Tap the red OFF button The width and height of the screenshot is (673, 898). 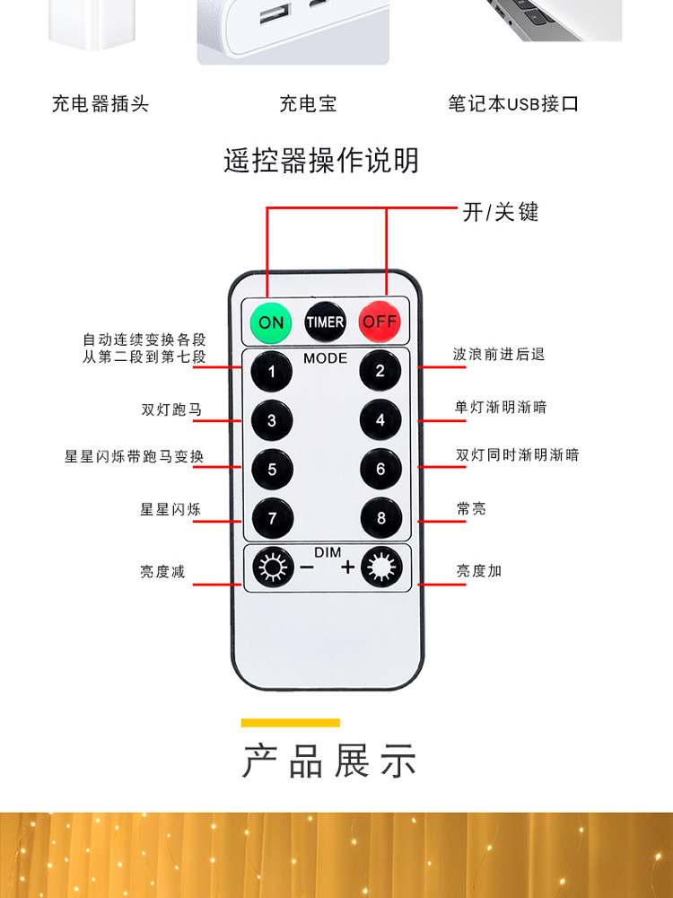pos(380,321)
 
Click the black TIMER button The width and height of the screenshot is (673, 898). pos(325,321)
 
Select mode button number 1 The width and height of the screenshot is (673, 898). pos(271,370)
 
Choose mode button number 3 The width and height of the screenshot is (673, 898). pos(271,419)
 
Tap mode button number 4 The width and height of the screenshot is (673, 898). pos(380,419)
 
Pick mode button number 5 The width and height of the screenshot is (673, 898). pos(271,469)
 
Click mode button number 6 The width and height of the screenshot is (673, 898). pos(380,469)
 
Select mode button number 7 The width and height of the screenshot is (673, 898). pos(271,518)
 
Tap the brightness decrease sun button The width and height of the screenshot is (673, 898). pos(271,568)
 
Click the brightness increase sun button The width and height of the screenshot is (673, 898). pos(380,568)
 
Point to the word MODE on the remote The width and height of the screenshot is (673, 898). pos(325,358)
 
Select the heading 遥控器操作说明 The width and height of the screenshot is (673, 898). pos(321,161)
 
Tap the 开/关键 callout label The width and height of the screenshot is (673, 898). pos(501,212)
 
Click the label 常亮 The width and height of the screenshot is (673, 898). pos(471,509)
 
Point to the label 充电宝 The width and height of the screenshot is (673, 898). pos(308,104)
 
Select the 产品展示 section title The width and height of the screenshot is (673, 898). pos(329,762)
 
